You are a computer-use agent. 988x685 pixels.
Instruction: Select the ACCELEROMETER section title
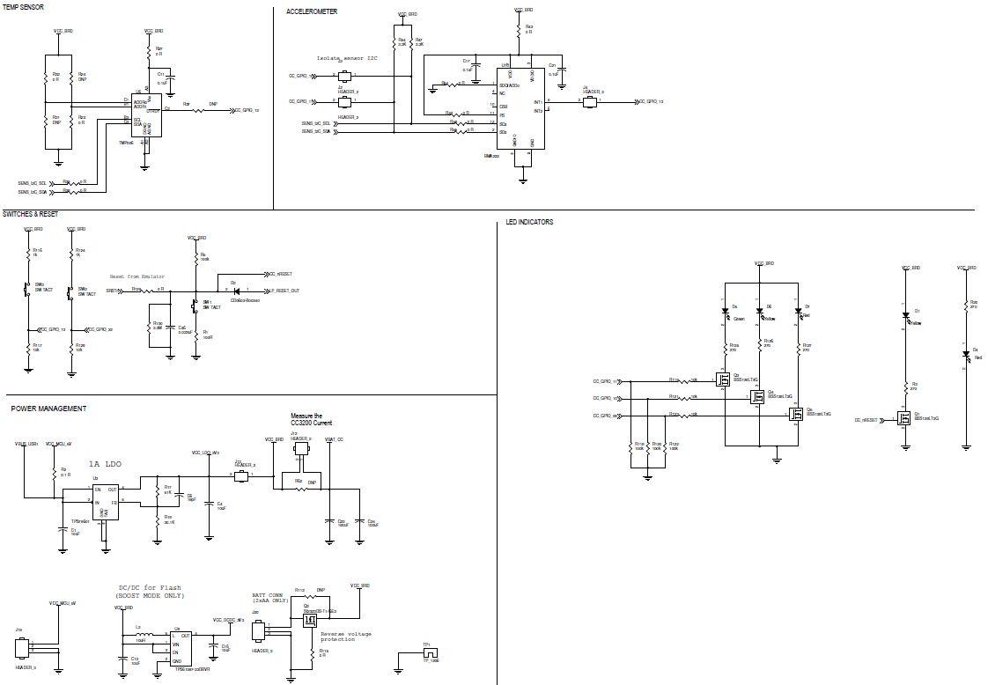(312, 11)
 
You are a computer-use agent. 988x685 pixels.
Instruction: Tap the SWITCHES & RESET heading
(31, 214)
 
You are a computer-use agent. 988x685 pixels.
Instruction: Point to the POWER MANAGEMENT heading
(48, 409)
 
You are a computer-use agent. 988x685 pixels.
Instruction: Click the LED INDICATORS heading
(529, 222)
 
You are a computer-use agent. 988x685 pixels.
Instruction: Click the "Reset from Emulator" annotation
(136, 276)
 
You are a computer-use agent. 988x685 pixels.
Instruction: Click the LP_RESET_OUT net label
(284, 290)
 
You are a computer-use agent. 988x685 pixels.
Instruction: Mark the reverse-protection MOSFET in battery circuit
(309, 620)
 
